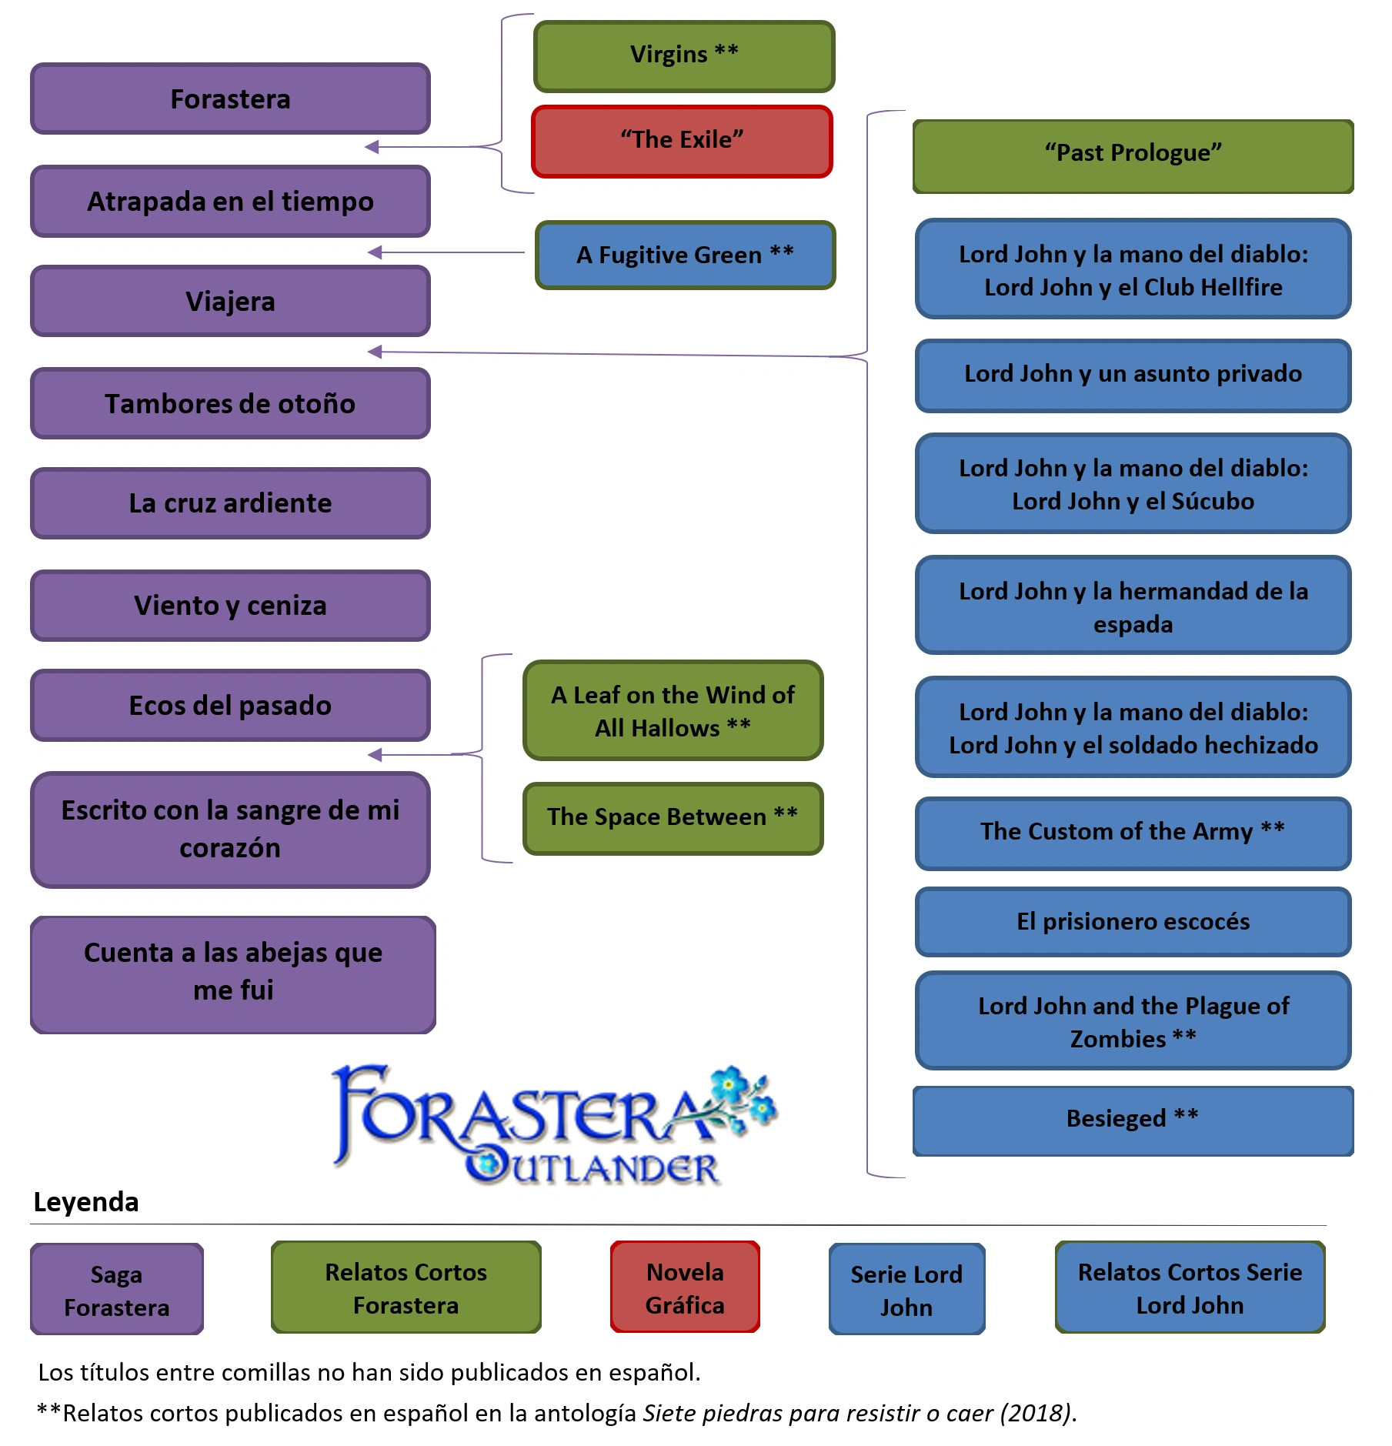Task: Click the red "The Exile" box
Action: point(682,142)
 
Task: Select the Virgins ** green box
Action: point(684,56)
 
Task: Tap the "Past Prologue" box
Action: point(1133,155)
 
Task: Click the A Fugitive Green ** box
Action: point(685,255)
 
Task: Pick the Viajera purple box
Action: point(230,302)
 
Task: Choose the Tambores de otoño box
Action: point(230,404)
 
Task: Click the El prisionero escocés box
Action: point(1133,922)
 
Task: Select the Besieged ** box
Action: point(1133,1120)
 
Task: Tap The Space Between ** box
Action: point(673,818)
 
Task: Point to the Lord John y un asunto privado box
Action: point(1133,375)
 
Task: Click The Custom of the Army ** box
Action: point(1133,833)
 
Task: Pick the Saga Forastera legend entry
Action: point(117,1291)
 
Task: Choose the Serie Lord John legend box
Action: point(906,1291)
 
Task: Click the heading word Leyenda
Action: point(86,1202)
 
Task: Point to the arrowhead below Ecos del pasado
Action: point(375,755)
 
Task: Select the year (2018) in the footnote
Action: point(1035,1414)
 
